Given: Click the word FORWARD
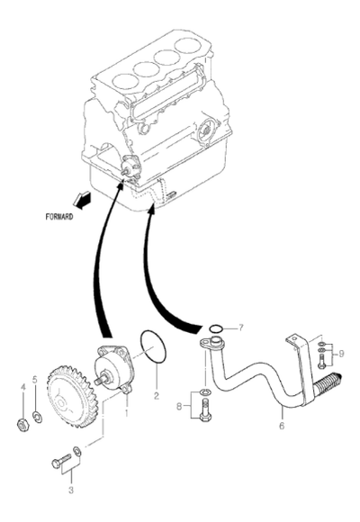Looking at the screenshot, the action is pyautogui.click(x=59, y=217).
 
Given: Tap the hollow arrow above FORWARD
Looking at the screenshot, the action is pyautogui.click(x=82, y=200).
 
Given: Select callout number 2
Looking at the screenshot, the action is pyautogui.click(x=157, y=396).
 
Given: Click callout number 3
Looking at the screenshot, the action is pyautogui.click(x=71, y=490).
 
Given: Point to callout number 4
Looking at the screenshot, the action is pyautogui.click(x=23, y=387).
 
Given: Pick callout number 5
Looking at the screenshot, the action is pyautogui.click(x=35, y=380).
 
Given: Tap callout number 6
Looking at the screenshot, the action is pyautogui.click(x=282, y=426).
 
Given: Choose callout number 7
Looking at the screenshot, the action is pyautogui.click(x=240, y=328).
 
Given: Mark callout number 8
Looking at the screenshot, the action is pyautogui.click(x=179, y=406).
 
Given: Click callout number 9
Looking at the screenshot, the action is pyautogui.click(x=341, y=354).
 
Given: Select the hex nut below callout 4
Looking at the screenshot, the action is pyautogui.click(x=22, y=424).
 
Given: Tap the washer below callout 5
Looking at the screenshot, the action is pyautogui.click(x=37, y=417).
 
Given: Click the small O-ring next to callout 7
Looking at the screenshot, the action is pyautogui.click(x=216, y=328).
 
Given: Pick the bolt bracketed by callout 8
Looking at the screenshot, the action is pyautogui.click(x=205, y=411).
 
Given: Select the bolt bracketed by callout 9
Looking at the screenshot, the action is pyautogui.click(x=321, y=361).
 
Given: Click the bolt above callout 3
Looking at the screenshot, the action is pyautogui.click(x=61, y=461).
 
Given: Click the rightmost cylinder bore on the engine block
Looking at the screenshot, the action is pyautogui.click(x=188, y=46).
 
